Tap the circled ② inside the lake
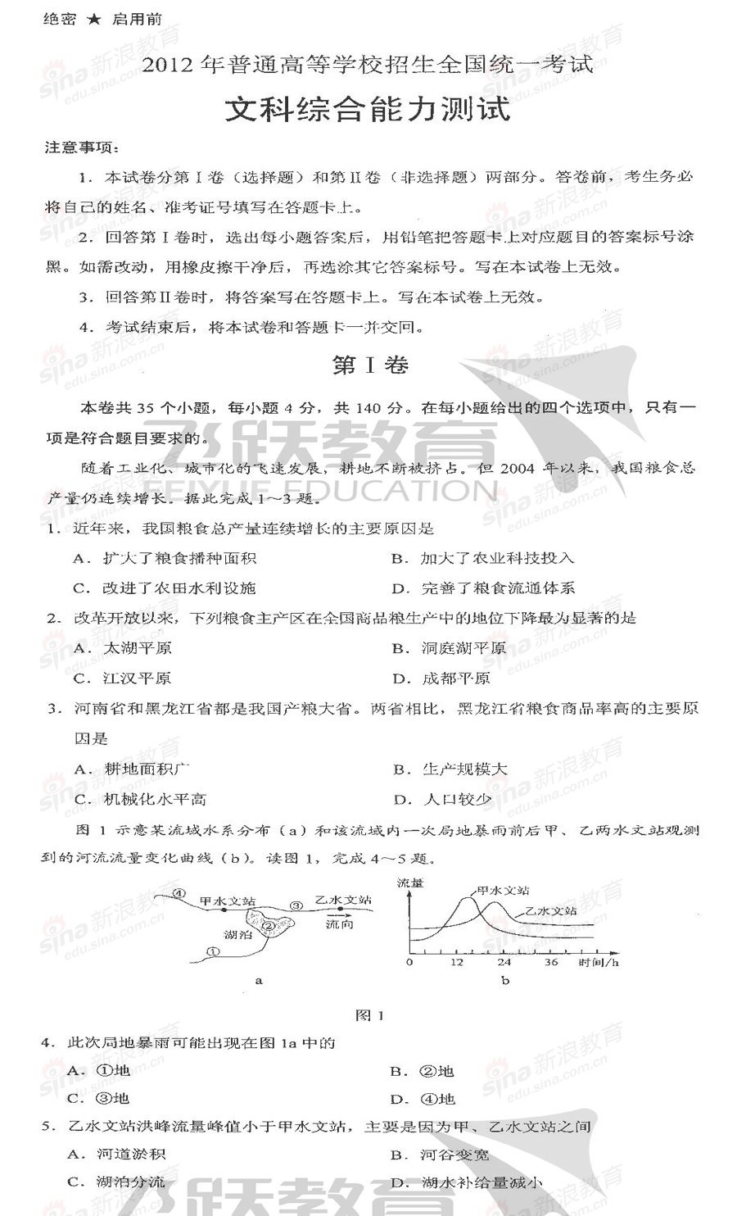coord(269,926)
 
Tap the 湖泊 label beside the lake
coord(237,934)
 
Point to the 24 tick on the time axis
coord(504,962)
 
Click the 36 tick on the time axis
coord(551,962)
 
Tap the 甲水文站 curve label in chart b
coord(502,890)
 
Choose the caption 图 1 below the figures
coord(369,1015)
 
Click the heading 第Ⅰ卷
coord(369,365)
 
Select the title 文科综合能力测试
coord(368,109)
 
